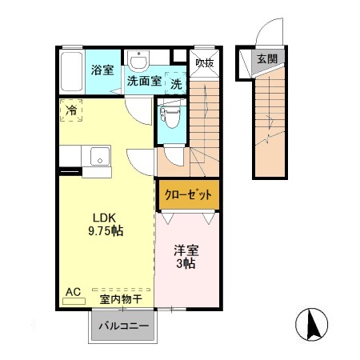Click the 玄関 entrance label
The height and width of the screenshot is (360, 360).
[266, 59]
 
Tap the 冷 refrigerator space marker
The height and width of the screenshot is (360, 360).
[71, 111]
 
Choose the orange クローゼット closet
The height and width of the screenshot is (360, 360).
[187, 194]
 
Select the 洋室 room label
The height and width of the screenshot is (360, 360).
[187, 250]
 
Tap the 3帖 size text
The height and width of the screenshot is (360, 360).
[187, 264]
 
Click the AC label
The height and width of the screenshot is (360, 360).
[73, 292]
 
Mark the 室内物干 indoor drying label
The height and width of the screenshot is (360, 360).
[121, 299]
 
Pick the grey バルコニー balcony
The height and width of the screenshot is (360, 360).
[123, 326]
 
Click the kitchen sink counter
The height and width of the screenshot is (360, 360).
[98, 160]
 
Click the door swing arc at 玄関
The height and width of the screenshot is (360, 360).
[262, 37]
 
